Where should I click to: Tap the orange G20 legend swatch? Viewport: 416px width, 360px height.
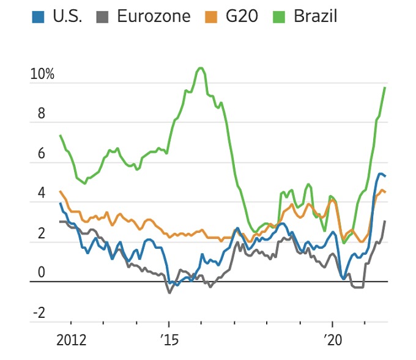[x=213, y=17]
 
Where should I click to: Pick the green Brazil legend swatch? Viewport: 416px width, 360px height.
[x=283, y=17]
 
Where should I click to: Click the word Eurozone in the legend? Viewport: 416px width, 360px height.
[x=154, y=17]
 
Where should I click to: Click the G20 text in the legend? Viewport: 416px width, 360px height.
[x=241, y=17]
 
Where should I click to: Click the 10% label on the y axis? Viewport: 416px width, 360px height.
[x=42, y=75]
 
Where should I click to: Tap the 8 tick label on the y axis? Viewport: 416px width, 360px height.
[x=42, y=115]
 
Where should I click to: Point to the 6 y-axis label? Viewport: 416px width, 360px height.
[x=42, y=155]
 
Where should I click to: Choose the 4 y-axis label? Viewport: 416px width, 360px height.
[x=42, y=194]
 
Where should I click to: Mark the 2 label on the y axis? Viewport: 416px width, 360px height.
[x=42, y=234]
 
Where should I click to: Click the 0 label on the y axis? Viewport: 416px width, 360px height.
[x=42, y=273]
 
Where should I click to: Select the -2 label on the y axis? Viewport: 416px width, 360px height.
[x=39, y=314]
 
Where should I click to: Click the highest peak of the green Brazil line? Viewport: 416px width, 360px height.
[x=201, y=67]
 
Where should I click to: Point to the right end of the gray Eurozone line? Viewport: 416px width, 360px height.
[x=385, y=221]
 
